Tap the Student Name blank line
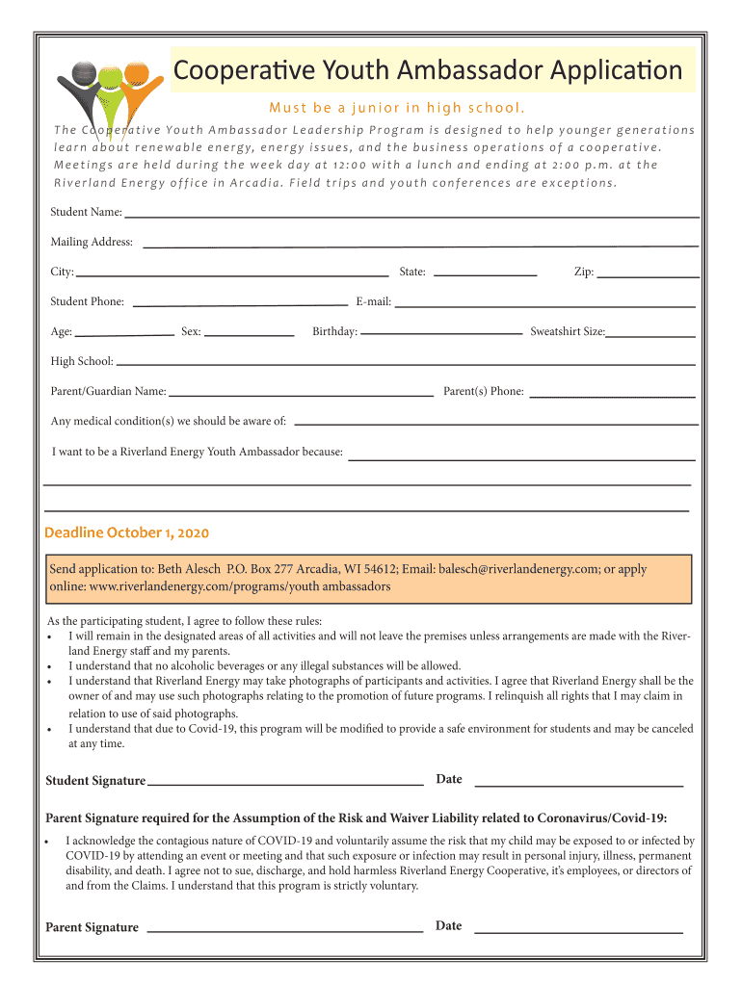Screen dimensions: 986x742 point(411,215)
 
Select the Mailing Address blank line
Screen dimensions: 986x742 point(420,246)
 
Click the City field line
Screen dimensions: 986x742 point(231,275)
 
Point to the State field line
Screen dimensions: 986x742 point(485,275)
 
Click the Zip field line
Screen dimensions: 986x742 point(648,276)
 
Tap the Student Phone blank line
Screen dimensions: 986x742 point(239,305)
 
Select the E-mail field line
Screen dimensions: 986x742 point(544,305)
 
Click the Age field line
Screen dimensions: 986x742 point(124,335)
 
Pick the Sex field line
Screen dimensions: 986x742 point(250,335)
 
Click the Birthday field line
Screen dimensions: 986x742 point(441,335)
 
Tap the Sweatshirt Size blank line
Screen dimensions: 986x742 point(650,336)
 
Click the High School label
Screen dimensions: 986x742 point(82,362)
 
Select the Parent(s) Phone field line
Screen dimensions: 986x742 point(613,396)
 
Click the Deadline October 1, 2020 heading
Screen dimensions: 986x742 point(127,533)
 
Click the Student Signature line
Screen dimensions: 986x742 point(285,784)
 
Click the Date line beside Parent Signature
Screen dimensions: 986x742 point(579,932)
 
